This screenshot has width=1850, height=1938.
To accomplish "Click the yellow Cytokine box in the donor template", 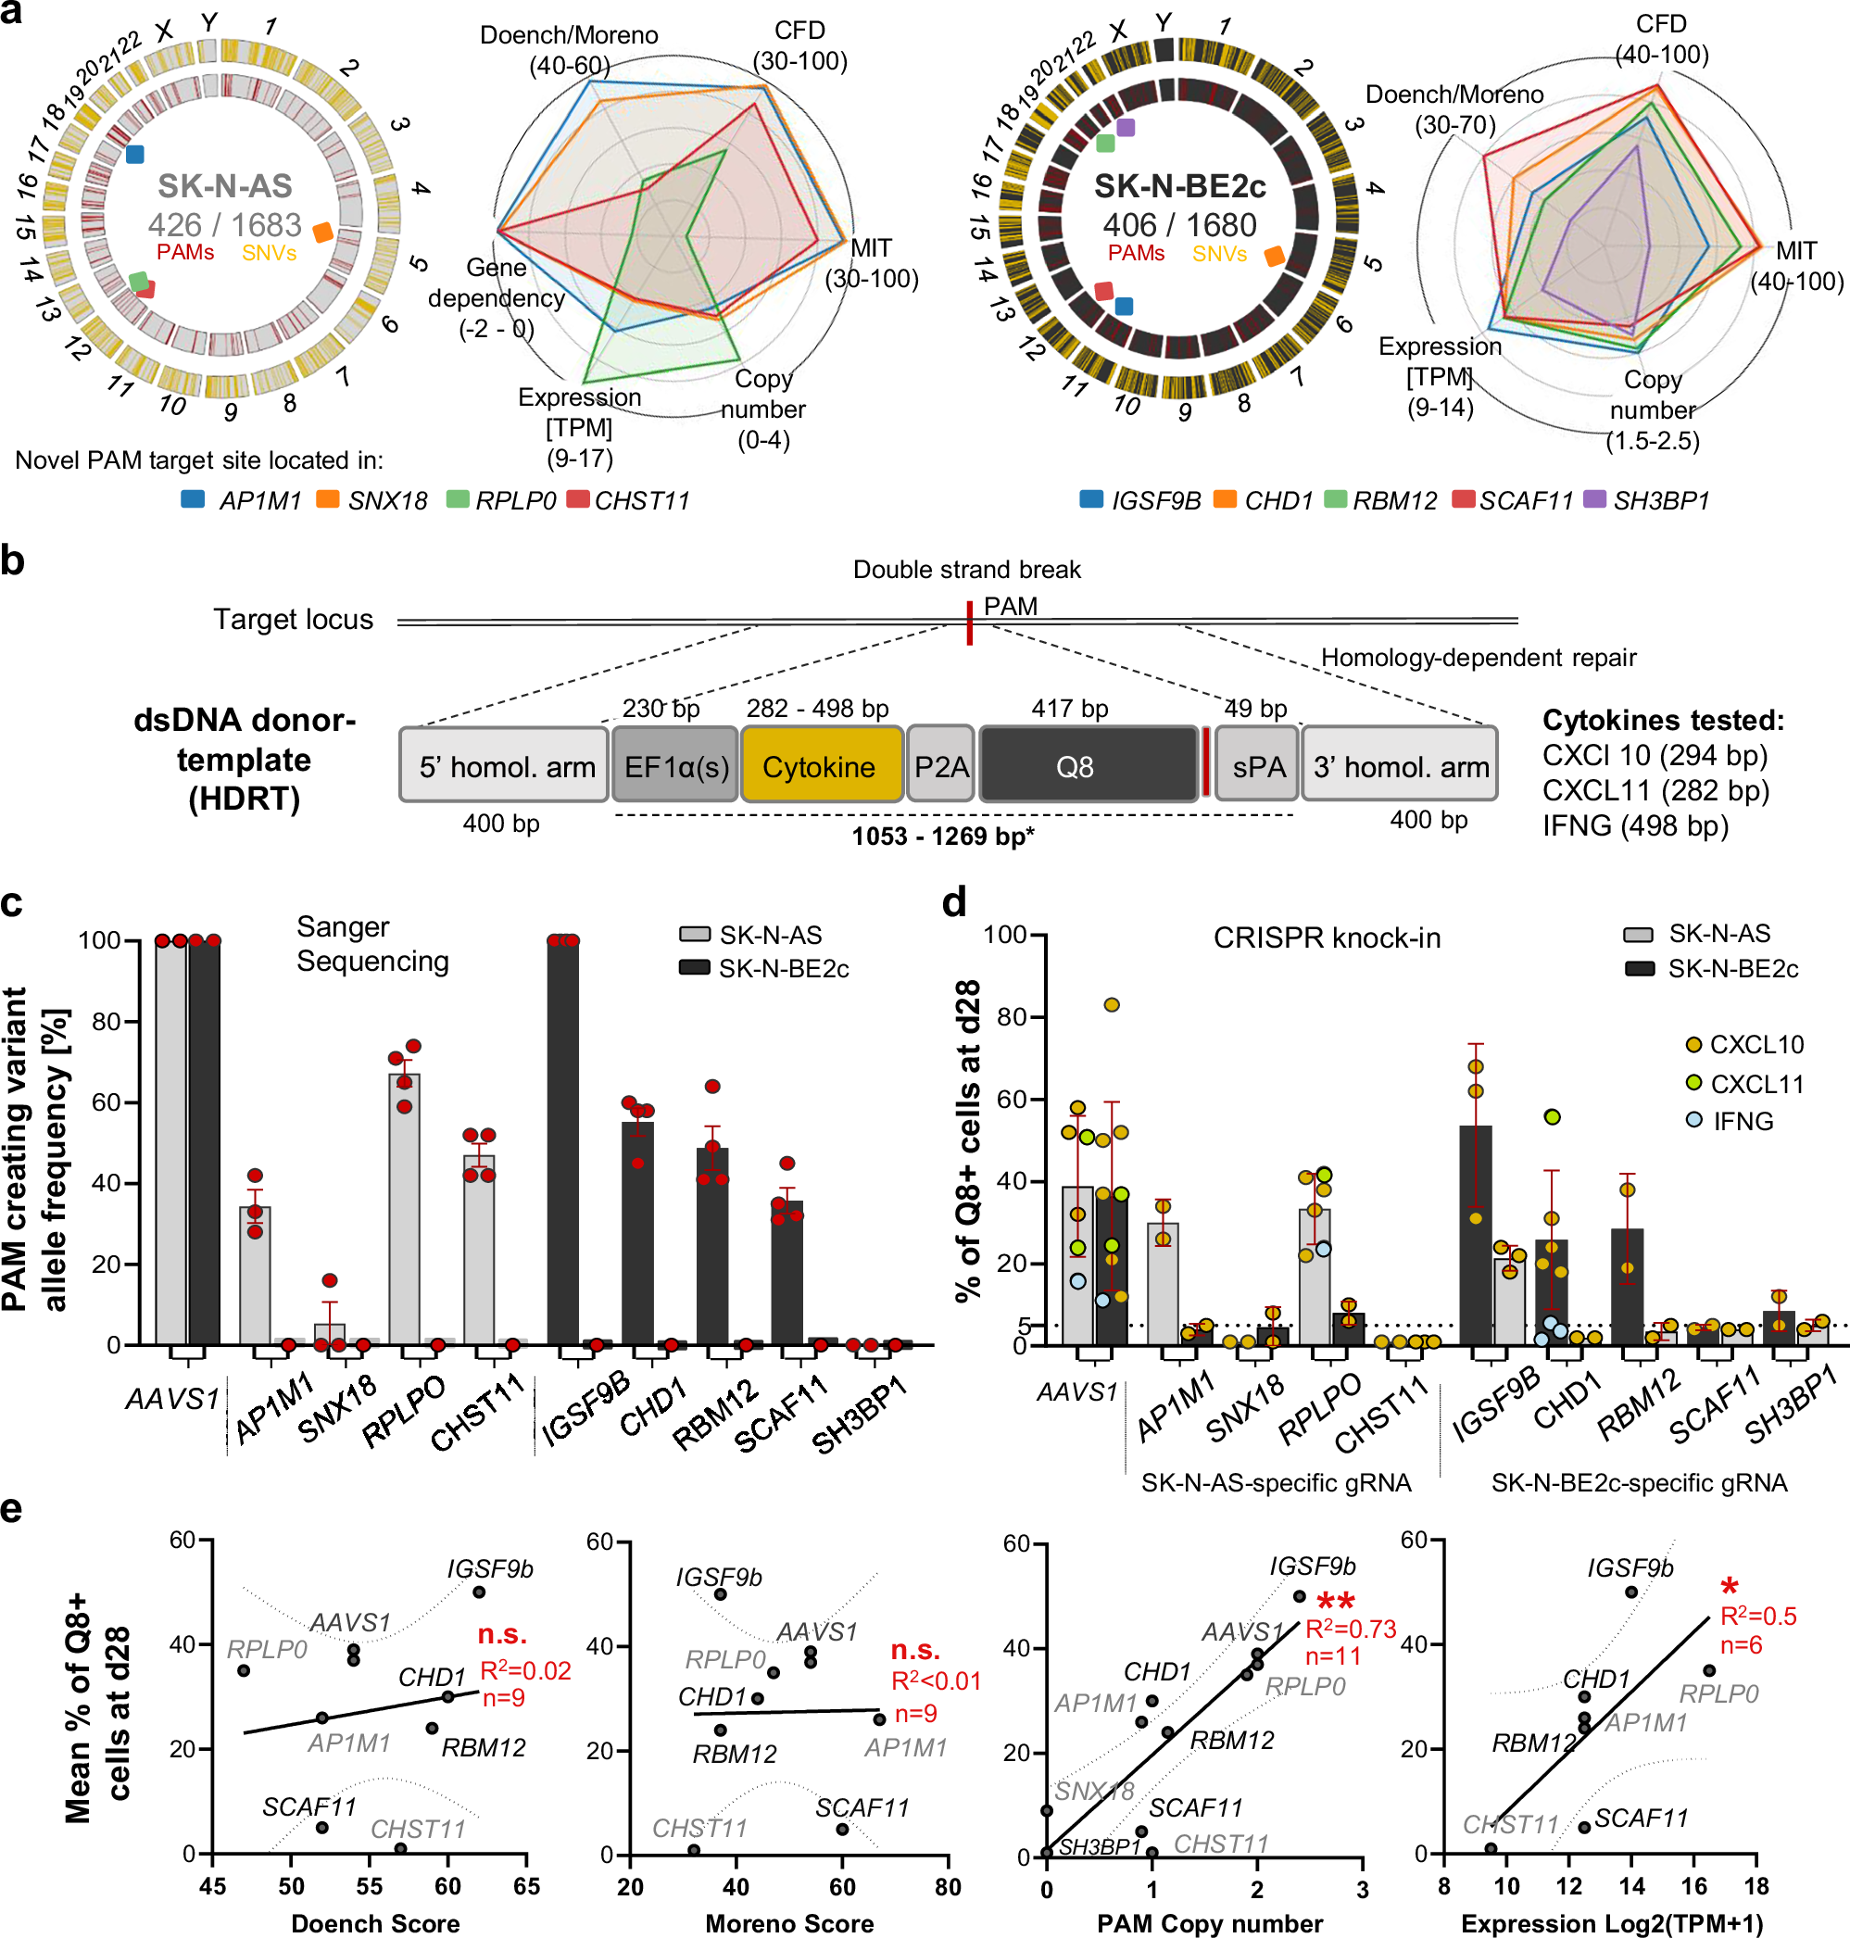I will coord(821,766).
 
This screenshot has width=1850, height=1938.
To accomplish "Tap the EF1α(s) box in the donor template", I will coord(674,766).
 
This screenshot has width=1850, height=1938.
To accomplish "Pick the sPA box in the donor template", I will coord(1258,766).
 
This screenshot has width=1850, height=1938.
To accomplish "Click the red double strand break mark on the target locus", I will coord(969,623).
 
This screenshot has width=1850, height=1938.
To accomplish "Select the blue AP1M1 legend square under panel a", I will coord(194,499).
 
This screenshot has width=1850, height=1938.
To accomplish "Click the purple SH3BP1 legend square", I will coord(1593,499).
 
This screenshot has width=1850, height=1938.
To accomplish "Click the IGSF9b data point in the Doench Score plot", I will coord(479,1592).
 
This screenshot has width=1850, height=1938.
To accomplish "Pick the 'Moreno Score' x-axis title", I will coord(789,1923).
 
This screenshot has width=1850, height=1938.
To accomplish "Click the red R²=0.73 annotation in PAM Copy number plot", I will coord(1350,1629).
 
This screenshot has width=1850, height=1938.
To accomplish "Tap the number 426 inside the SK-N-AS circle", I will coord(174,225).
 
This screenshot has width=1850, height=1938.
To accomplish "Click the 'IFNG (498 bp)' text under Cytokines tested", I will coord(1635,824).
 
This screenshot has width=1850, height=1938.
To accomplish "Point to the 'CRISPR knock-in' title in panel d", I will coord(1327,937).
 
